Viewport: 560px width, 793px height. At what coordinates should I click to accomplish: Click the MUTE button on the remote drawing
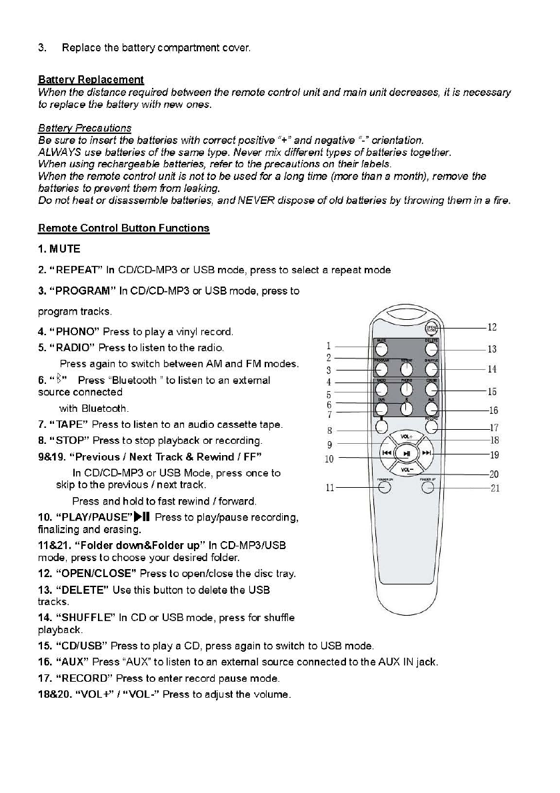(x=382, y=349)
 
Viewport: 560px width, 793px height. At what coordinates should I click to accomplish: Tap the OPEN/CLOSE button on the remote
(x=432, y=328)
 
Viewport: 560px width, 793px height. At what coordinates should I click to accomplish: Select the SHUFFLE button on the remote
(x=431, y=369)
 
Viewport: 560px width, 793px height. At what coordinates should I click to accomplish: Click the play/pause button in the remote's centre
(x=406, y=454)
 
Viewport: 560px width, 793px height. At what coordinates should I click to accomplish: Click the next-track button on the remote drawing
(x=427, y=454)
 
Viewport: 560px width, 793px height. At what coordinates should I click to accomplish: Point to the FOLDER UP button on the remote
(x=429, y=486)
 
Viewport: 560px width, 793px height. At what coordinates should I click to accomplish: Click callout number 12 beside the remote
(x=492, y=327)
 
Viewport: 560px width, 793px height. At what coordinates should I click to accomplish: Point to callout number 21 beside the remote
(x=494, y=488)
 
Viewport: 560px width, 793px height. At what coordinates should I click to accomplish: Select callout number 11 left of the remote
(x=329, y=488)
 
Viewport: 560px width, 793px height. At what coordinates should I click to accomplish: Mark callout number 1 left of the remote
(x=329, y=346)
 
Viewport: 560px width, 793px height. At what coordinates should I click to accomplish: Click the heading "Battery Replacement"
(x=91, y=80)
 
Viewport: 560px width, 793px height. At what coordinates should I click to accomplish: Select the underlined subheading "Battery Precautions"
(x=85, y=128)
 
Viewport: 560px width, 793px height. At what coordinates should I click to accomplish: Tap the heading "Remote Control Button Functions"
(x=123, y=229)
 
